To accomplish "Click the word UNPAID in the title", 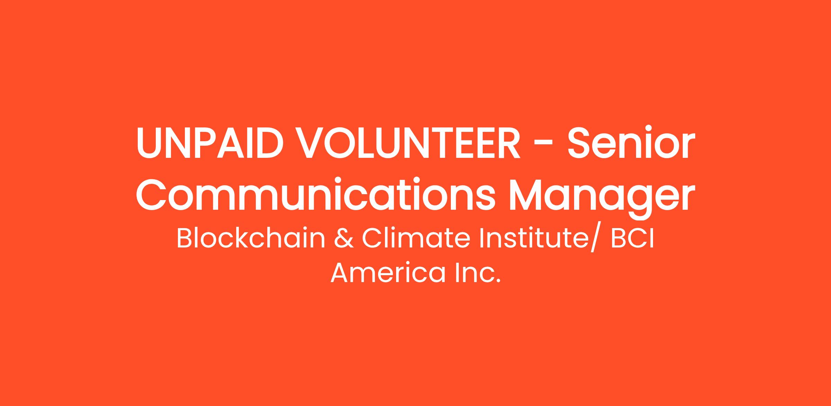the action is pos(208,143).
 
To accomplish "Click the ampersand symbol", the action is pos(344,239).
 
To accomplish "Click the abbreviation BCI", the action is pos(632,239).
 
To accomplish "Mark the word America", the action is pos(388,273).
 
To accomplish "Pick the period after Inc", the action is pos(499,281).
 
